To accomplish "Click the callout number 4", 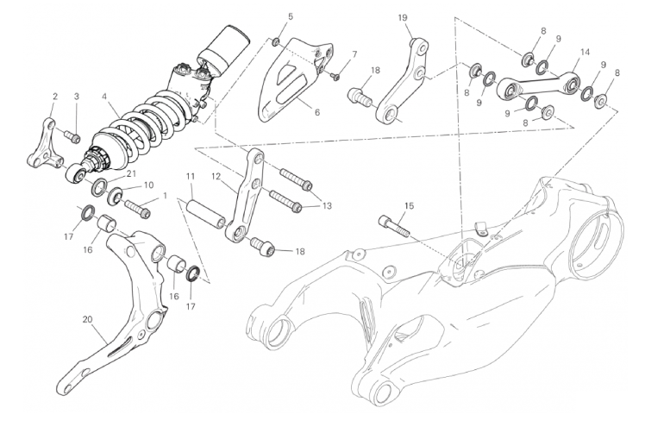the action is [104, 97].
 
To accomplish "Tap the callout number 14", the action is [585, 53].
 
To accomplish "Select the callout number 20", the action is [87, 319].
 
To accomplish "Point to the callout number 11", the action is [190, 177].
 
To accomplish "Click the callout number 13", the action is [327, 206].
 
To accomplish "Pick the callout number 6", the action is [316, 112].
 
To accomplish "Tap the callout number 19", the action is [403, 17].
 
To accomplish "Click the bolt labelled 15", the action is [394, 226].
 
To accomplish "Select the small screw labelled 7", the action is [335, 76].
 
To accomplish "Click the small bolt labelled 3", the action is [72, 136].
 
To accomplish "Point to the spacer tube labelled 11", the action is [206, 213].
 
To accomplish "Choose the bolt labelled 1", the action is [137, 208].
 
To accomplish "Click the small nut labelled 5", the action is [277, 41].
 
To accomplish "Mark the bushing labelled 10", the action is [115, 196].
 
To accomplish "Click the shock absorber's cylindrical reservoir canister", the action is [224, 48].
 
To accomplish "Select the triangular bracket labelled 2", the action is [46, 144].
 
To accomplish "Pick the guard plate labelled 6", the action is [295, 79].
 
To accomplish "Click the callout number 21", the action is [131, 173].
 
